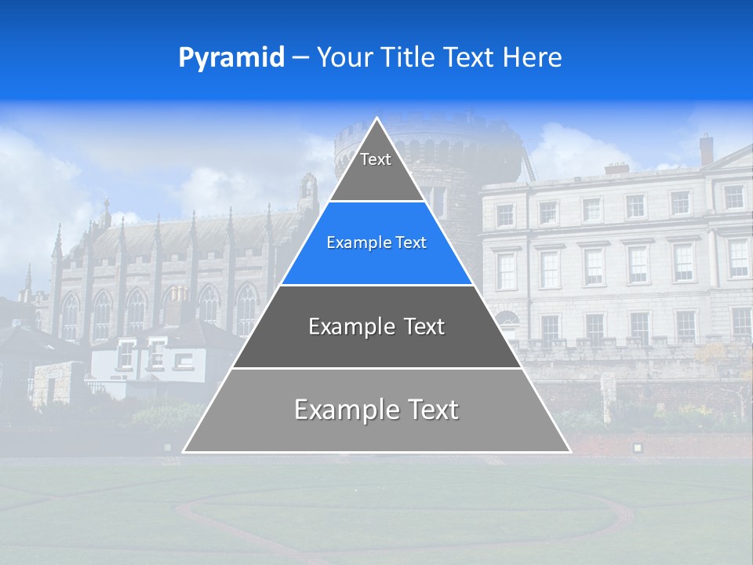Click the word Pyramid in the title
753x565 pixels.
(x=231, y=58)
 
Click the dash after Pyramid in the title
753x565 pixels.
(x=300, y=59)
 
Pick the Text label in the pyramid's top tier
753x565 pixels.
(x=376, y=159)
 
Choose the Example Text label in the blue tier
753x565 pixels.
(x=376, y=242)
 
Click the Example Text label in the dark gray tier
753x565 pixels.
(x=376, y=326)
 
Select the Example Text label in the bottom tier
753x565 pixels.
(x=376, y=410)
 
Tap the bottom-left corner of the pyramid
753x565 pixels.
(x=184, y=451)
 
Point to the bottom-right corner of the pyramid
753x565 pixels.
(x=570, y=451)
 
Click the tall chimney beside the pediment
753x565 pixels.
(x=706, y=149)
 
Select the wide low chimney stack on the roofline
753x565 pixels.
(x=617, y=168)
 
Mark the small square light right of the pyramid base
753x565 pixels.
(x=637, y=447)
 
